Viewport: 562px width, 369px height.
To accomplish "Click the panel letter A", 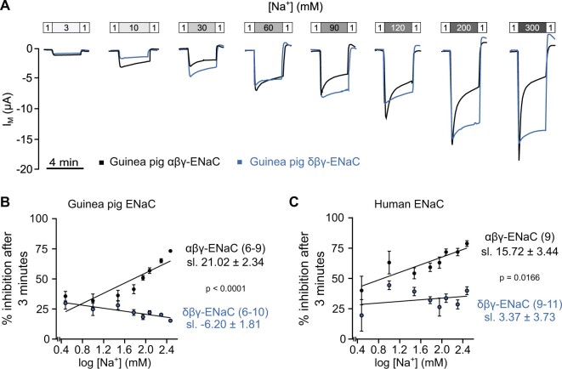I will pyautogui.click(x=7, y=7).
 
